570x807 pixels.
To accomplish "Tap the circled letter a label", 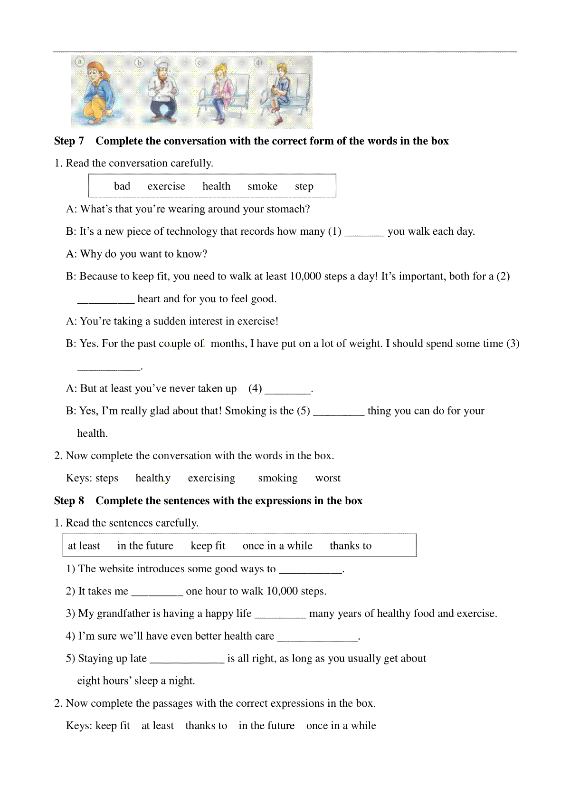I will [79, 61].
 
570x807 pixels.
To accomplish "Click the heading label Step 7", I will [69, 141].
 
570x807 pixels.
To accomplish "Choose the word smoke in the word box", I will [262, 186].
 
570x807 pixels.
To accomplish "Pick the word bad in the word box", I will [122, 186].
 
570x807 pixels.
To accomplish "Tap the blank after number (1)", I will [364, 232].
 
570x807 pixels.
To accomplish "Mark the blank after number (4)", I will [287, 389].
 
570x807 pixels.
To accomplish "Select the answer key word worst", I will [328, 478].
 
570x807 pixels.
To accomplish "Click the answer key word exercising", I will [211, 478].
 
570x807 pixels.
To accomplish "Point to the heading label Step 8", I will [69, 501].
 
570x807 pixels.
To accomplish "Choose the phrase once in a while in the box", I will [277, 546].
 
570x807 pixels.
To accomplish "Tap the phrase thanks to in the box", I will [351, 546].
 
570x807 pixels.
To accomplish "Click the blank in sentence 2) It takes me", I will [157, 592].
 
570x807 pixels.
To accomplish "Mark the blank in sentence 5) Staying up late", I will [187, 659].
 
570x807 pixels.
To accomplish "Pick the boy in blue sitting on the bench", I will [280, 93].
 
